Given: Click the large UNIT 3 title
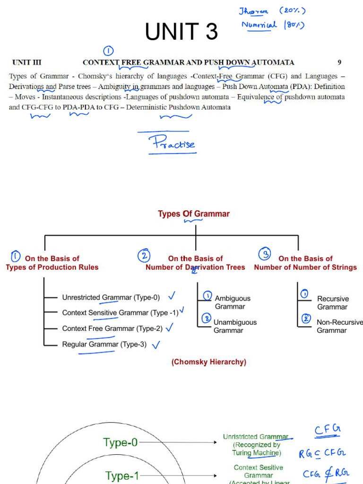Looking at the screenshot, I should [181, 32].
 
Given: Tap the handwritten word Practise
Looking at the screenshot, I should [172, 144].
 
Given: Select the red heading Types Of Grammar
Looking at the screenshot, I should [193, 214].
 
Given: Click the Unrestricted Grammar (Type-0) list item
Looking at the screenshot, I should [111, 297].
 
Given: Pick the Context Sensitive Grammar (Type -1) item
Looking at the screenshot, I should [120, 312].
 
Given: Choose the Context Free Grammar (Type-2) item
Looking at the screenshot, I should [112, 328].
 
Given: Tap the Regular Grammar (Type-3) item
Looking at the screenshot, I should [104, 344].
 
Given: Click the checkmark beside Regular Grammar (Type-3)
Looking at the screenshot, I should [155, 345].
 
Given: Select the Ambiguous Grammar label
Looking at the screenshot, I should [232, 302].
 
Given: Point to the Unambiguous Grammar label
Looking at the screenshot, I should [235, 326].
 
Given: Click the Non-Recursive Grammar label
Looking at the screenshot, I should [339, 326].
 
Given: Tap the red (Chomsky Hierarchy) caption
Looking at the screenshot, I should [208, 362].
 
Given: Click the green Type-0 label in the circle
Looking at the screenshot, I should [121, 442].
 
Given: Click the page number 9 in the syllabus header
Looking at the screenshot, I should [339, 62].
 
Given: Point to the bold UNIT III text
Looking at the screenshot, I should [27, 62].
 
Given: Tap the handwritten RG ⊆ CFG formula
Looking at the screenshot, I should [322, 454].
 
